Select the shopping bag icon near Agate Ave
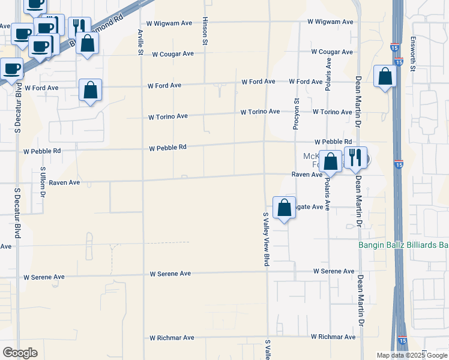click(x=285, y=208)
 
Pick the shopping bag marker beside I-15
click(x=385, y=76)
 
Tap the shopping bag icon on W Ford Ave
click(x=90, y=90)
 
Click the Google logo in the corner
click(x=20, y=353)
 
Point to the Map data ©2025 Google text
click(x=412, y=355)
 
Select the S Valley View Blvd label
click(x=265, y=239)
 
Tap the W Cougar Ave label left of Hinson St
click(x=173, y=54)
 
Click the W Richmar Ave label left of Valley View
click(x=172, y=338)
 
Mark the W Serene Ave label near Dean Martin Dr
click(x=334, y=271)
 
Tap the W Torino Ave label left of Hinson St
click(x=168, y=116)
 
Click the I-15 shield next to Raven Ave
click(x=399, y=163)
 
